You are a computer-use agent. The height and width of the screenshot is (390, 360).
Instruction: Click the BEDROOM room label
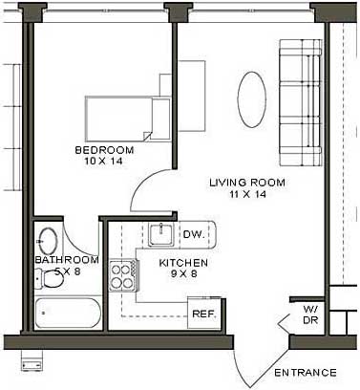tap(104, 150)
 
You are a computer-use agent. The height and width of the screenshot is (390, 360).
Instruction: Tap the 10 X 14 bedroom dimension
tap(103, 161)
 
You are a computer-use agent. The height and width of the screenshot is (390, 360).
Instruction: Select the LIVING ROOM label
tap(247, 183)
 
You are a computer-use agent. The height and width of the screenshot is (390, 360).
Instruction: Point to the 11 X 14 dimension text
tap(247, 194)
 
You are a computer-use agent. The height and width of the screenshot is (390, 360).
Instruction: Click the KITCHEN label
tap(183, 263)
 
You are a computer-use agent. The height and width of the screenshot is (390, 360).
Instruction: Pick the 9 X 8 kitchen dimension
tap(184, 273)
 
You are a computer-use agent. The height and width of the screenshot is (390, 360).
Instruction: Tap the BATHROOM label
tap(67, 260)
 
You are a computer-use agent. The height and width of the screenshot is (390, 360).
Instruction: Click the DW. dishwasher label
tap(194, 234)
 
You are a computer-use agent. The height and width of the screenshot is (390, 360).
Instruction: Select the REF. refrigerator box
tap(204, 314)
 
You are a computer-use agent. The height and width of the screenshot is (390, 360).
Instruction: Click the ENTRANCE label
tap(306, 373)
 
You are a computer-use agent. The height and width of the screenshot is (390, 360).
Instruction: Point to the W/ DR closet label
tap(310, 314)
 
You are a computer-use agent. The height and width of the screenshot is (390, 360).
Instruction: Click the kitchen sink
tap(161, 234)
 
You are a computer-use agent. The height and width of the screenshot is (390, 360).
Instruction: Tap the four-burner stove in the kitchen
tap(123, 276)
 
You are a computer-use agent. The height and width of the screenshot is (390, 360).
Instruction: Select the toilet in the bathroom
tap(50, 278)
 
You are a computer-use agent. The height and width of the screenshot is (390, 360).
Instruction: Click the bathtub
tap(68, 313)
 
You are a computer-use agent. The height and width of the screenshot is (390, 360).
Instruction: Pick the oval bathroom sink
tap(48, 241)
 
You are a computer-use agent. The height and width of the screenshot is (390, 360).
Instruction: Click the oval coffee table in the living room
tap(252, 99)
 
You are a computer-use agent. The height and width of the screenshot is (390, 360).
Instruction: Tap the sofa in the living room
tap(301, 102)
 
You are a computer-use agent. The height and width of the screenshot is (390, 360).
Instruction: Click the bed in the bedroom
tap(128, 119)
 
